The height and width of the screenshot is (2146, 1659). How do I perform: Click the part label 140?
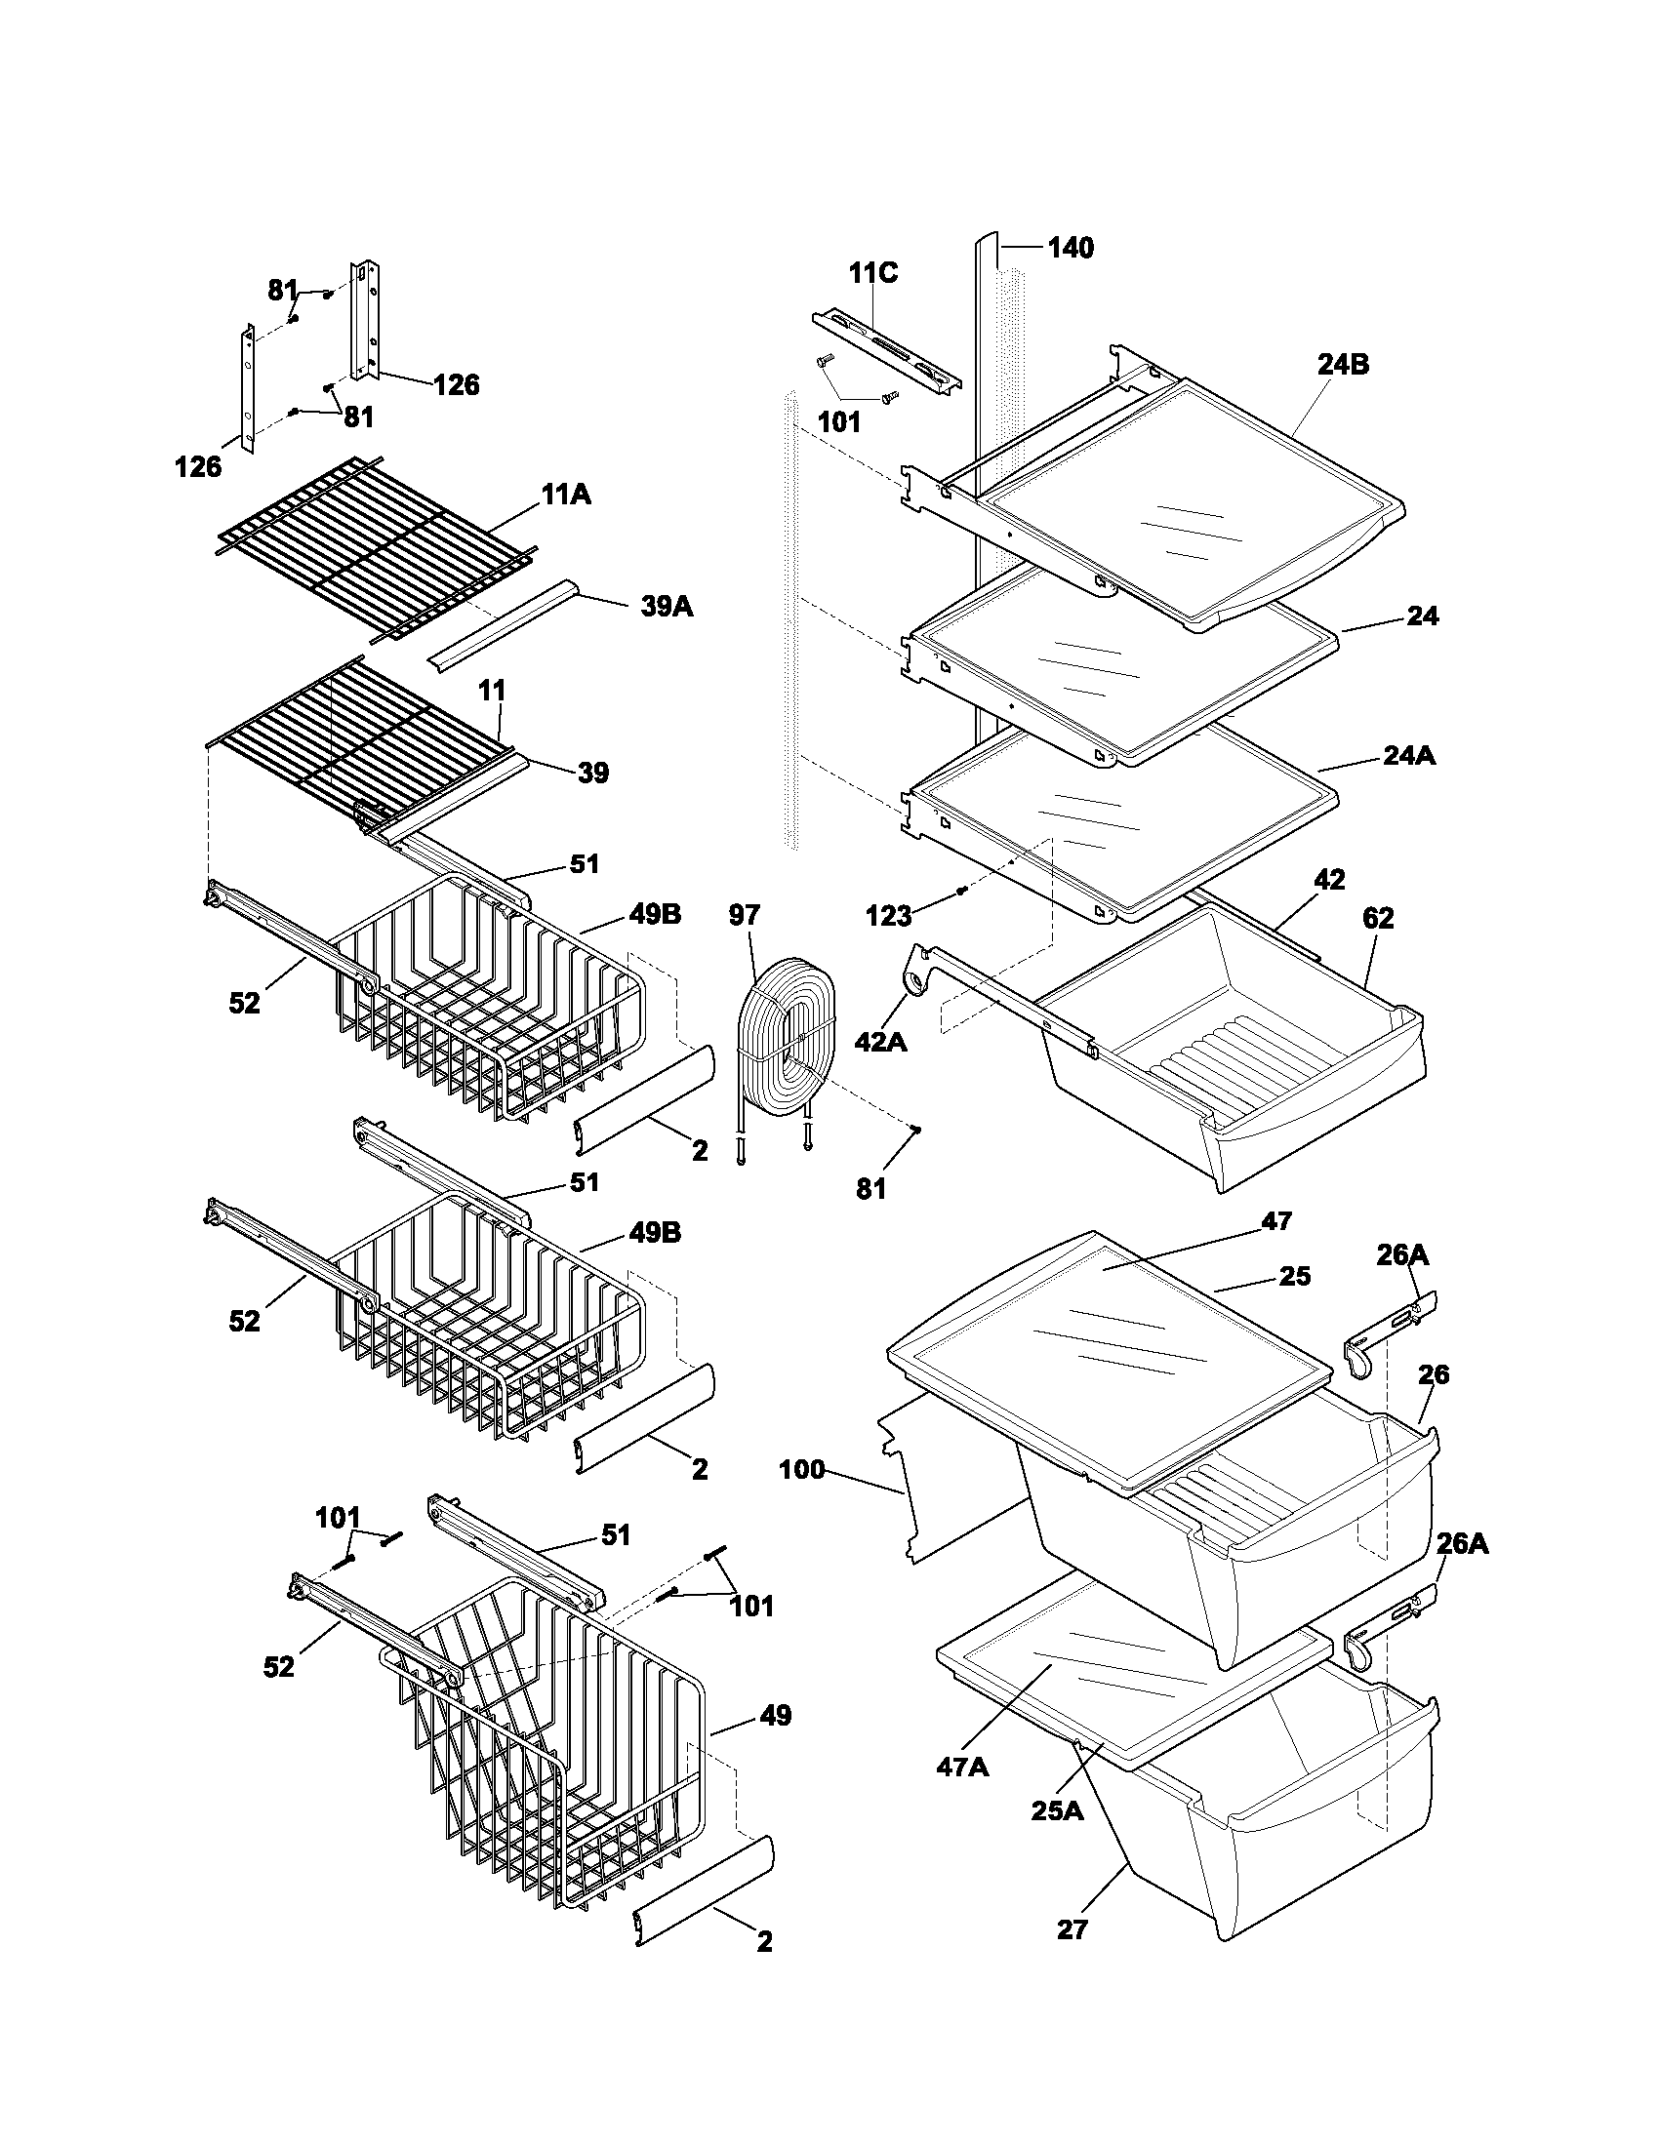(x=1071, y=248)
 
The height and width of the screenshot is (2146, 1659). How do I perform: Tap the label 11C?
(x=873, y=273)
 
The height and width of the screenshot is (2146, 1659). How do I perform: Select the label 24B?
(x=1344, y=365)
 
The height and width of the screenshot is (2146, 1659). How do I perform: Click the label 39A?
(x=667, y=607)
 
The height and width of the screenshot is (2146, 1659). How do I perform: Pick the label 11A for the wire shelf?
(x=565, y=495)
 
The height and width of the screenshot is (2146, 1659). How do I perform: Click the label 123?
(x=888, y=917)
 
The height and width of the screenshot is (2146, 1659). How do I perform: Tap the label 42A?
(x=880, y=1042)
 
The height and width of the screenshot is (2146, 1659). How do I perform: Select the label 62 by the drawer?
(x=1378, y=919)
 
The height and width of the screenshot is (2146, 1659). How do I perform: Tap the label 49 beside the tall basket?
(x=775, y=1716)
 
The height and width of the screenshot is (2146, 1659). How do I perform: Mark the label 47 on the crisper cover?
(x=1276, y=1221)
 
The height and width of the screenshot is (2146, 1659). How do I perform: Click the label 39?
(x=592, y=774)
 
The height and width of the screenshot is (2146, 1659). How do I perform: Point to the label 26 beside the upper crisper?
(x=1433, y=1374)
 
